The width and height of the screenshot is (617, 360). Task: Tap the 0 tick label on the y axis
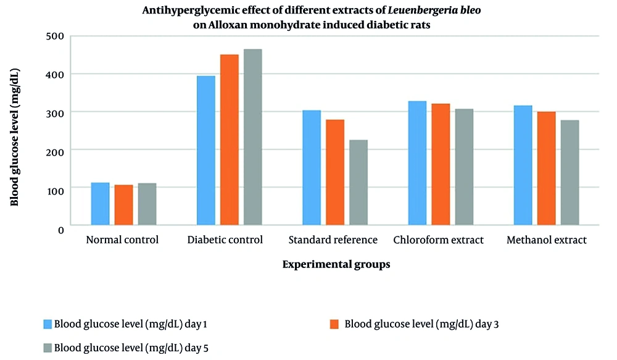(60, 230)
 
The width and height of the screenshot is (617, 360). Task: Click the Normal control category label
(123, 240)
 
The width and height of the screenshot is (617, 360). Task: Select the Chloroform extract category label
(439, 240)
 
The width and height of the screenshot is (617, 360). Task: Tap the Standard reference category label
(333, 240)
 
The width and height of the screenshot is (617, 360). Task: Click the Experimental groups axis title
(336, 264)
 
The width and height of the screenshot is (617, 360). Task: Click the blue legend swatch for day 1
(48, 324)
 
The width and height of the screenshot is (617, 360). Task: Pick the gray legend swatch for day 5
(48, 346)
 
